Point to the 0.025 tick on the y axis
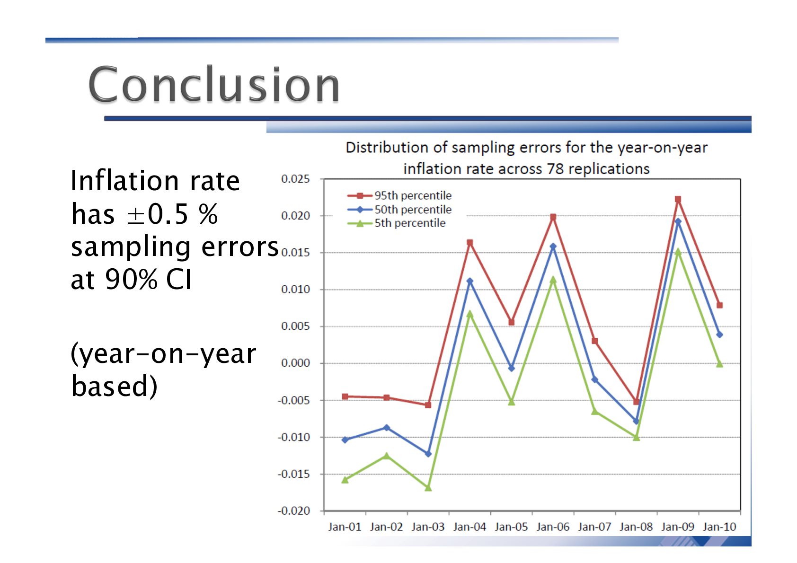(x=295, y=179)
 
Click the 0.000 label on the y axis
(x=295, y=363)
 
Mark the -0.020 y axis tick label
(x=293, y=510)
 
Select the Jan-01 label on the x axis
(x=345, y=527)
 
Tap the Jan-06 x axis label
(x=553, y=527)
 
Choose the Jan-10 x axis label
(x=719, y=527)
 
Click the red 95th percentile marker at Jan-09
(x=678, y=200)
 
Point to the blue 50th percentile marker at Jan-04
(x=469, y=281)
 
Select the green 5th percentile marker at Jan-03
(x=428, y=487)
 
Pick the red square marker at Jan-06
(x=553, y=217)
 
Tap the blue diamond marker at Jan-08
(x=636, y=421)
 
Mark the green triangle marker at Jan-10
(x=719, y=364)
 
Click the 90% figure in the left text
(x=131, y=279)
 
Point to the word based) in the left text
(x=114, y=386)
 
